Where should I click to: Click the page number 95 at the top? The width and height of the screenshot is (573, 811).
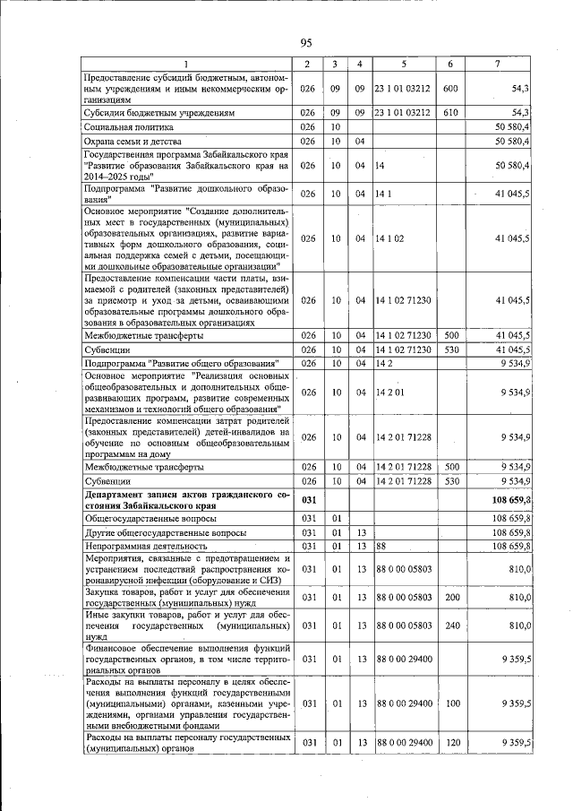(x=305, y=42)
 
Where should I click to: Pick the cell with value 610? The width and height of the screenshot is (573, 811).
(x=450, y=114)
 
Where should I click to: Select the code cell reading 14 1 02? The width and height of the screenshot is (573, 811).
(x=392, y=238)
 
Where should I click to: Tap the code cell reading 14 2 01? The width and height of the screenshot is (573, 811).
(x=392, y=392)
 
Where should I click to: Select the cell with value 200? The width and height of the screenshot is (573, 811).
(x=450, y=598)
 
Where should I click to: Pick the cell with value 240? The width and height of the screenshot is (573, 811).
(x=450, y=628)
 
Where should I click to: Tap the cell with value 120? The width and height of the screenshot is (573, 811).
(x=450, y=743)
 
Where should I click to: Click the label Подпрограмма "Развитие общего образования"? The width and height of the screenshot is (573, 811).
(x=179, y=362)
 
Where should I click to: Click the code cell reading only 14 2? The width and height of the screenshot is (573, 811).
(x=386, y=362)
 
